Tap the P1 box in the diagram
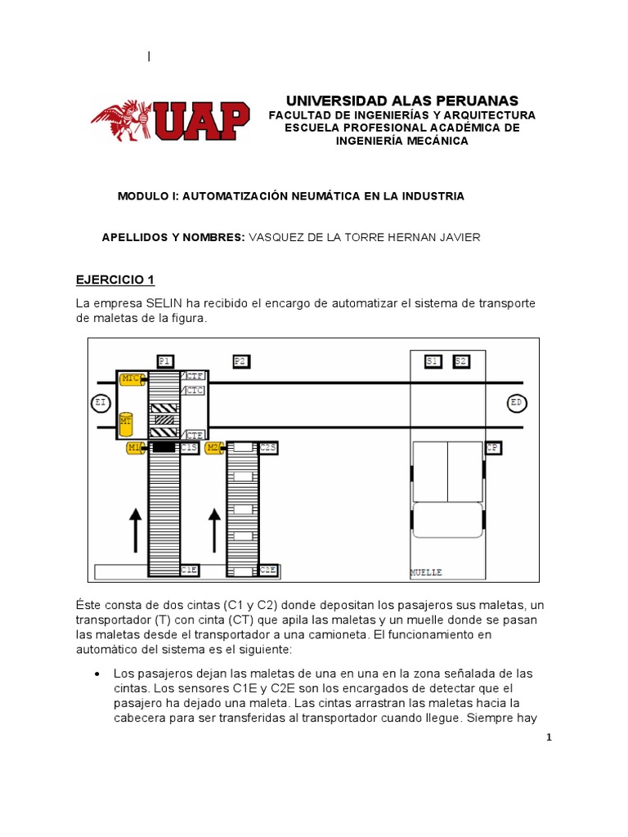click(164, 360)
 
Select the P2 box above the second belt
click(240, 360)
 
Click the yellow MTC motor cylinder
click(131, 379)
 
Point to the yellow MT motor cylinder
click(126, 423)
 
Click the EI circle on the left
click(100, 403)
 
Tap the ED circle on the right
click(516, 403)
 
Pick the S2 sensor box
click(460, 360)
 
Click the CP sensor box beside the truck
click(492, 447)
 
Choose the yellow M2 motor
click(213, 447)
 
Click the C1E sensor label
click(189, 570)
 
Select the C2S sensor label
click(268, 447)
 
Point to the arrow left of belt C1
click(136, 527)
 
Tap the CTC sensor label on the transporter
click(195, 391)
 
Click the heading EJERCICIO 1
click(115, 280)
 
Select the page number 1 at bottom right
click(549, 737)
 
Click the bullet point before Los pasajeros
click(97, 674)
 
